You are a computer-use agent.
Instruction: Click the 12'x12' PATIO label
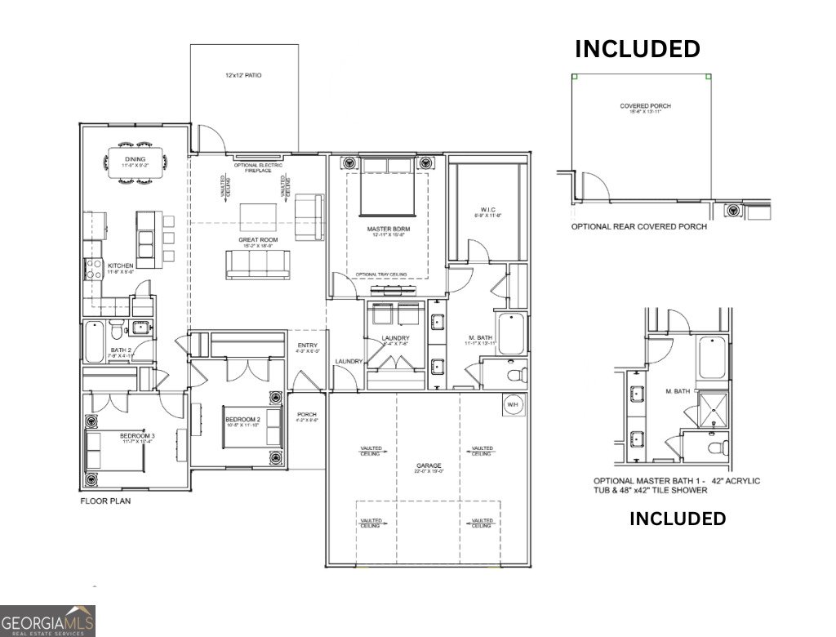(x=243, y=75)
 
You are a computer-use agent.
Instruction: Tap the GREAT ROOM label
(x=259, y=239)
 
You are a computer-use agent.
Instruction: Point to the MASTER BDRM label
(x=388, y=229)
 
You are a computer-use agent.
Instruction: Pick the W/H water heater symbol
(x=513, y=404)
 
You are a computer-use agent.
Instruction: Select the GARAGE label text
(x=429, y=468)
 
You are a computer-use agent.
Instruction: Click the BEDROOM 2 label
(x=242, y=421)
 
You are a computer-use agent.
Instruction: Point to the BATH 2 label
(x=121, y=351)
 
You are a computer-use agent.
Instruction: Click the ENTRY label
(x=308, y=345)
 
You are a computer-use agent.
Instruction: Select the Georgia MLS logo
(x=47, y=621)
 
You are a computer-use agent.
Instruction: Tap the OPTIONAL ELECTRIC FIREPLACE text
(x=258, y=168)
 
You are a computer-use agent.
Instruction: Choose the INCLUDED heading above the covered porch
(x=638, y=49)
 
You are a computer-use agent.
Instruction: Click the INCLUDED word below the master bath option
(x=677, y=519)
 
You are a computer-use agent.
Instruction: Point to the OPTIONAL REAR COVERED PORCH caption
(x=638, y=227)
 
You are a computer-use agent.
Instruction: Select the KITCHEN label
(x=120, y=266)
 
